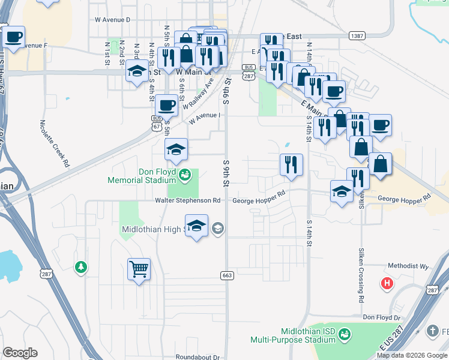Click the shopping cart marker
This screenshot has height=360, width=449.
click(139, 269)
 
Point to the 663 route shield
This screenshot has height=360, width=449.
click(226, 275)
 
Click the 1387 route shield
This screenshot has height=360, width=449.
click(356, 37)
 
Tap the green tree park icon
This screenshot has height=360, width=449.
click(80, 266)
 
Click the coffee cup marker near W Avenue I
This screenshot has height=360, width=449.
click(166, 106)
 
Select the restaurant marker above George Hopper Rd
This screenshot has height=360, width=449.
click(291, 164)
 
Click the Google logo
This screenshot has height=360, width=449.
click(20, 353)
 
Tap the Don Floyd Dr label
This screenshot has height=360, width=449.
click(381, 317)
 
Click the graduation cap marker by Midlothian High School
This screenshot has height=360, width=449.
click(196, 226)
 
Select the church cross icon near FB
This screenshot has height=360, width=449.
click(432, 331)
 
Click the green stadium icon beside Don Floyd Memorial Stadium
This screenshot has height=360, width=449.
click(185, 175)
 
